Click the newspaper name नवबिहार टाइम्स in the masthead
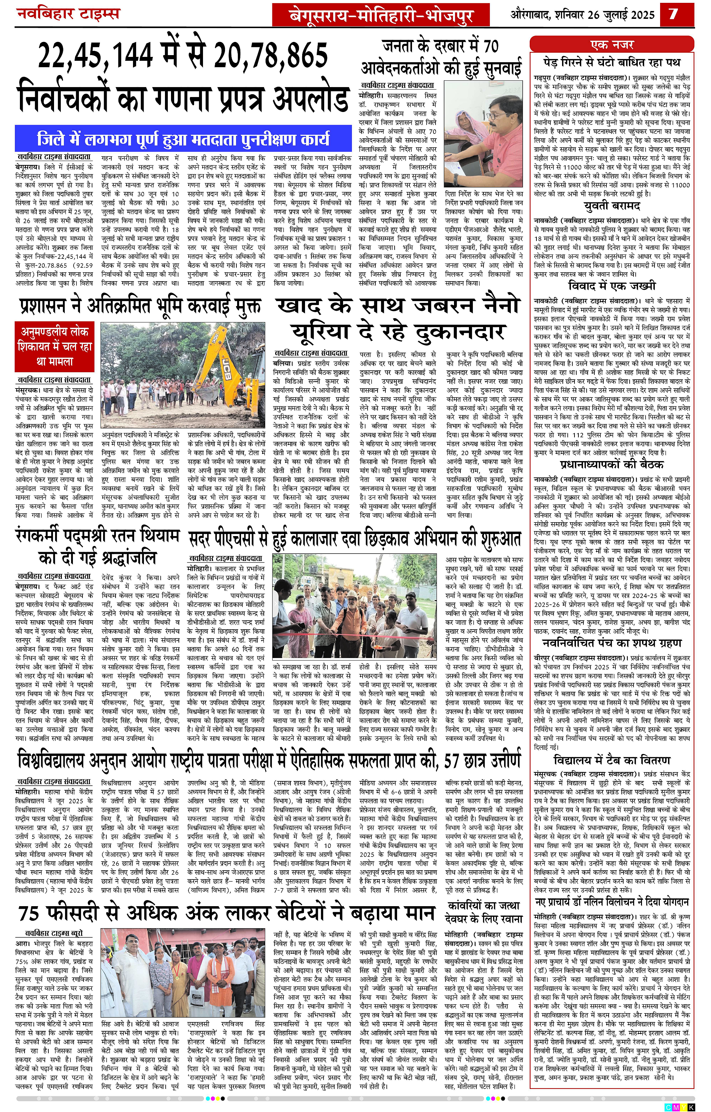[x=68, y=14]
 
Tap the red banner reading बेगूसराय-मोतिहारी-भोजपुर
[x=380, y=16]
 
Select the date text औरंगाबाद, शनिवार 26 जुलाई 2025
[x=582, y=15]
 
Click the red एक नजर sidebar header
[x=612, y=45]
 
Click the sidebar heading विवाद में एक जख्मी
[x=612, y=285]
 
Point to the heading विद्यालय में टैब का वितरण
[x=612, y=760]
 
